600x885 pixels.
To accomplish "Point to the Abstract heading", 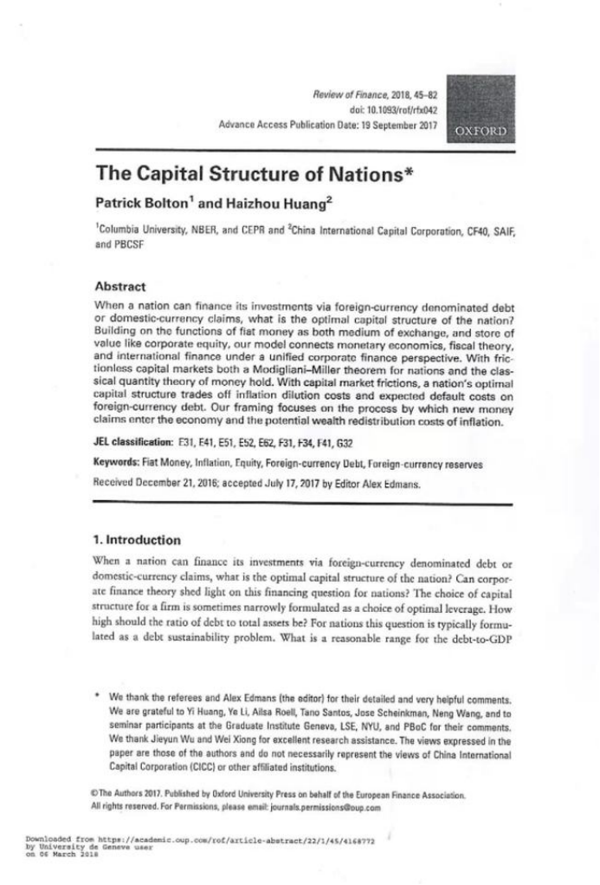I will click(120, 286).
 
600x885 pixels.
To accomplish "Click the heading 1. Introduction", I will click(138, 539).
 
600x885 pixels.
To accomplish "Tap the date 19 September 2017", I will click(397, 125).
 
